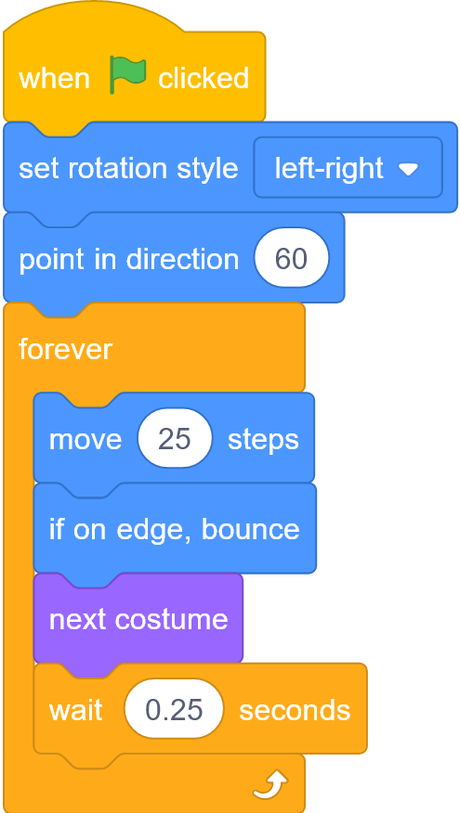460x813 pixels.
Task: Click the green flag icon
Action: pos(127,76)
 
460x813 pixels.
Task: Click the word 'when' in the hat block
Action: pos(55,79)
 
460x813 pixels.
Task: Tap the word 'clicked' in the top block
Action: pos(204,78)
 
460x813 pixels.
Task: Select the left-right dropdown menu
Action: pos(348,167)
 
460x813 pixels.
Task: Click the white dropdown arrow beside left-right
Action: pos(408,169)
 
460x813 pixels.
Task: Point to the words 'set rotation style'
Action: pos(128,169)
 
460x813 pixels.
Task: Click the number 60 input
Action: pos(291,258)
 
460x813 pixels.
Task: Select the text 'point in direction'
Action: pos(129,259)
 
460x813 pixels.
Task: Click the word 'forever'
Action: pos(65,349)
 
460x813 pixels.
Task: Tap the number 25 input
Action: pos(175,439)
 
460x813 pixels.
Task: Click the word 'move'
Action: pos(85,440)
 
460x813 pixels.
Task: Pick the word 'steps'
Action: pos(263,440)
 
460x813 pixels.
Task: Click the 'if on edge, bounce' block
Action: pos(175,528)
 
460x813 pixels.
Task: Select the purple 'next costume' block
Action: pos(138,618)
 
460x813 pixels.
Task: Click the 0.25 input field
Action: pos(174,709)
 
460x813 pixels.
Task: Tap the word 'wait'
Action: pos(75,710)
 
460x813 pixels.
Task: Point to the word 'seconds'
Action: pos(295,710)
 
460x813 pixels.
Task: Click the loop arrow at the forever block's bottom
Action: pos(270,784)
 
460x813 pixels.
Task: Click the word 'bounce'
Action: pos(250,529)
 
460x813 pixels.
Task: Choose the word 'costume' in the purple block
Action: pos(171,619)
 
